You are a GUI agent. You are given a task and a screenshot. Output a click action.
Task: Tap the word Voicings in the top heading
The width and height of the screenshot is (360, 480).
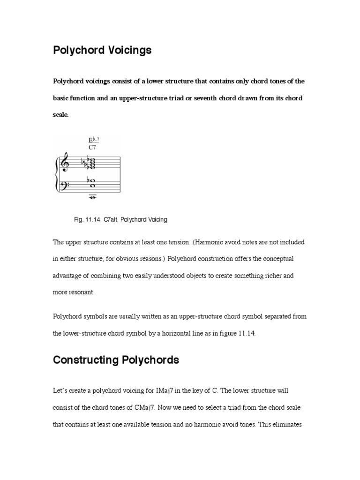pyautogui.click(x=131, y=51)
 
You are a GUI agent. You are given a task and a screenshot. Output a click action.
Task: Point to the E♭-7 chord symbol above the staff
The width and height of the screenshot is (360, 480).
pyautogui.click(x=93, y=140)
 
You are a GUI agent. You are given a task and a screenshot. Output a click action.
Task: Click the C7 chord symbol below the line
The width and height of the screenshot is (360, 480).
pyautogui.click(x=92, y=147)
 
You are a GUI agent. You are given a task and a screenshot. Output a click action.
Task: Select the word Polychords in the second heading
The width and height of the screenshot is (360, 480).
pyautogui.click(x=151, y=360)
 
